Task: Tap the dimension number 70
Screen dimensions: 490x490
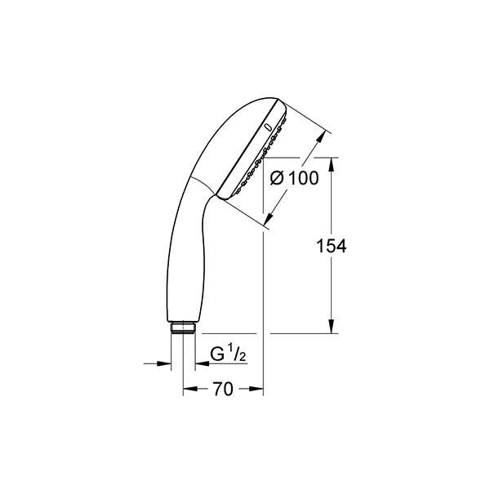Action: (x=222, y=390)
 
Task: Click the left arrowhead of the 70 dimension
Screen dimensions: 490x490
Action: (x=187, y=390)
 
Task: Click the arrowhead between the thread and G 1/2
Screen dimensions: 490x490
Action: (x=197, y=363)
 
